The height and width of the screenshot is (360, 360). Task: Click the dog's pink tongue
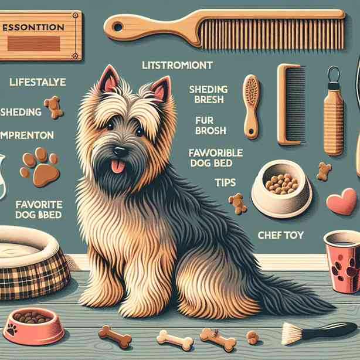(x=119, y=166)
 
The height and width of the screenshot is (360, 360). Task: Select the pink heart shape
(x=341, y=202)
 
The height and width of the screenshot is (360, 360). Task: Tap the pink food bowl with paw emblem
(x=33, y=324)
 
